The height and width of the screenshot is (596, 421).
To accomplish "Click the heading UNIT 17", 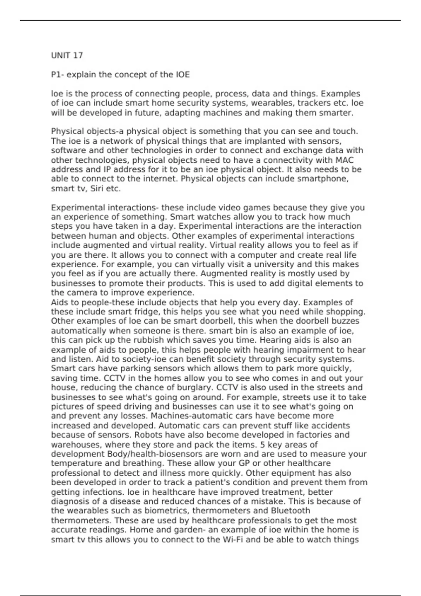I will tap(67, 55).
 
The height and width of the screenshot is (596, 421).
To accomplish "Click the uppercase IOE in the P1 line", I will tap(182, 75).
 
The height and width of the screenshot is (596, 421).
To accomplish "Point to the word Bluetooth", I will tap(290, 511).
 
